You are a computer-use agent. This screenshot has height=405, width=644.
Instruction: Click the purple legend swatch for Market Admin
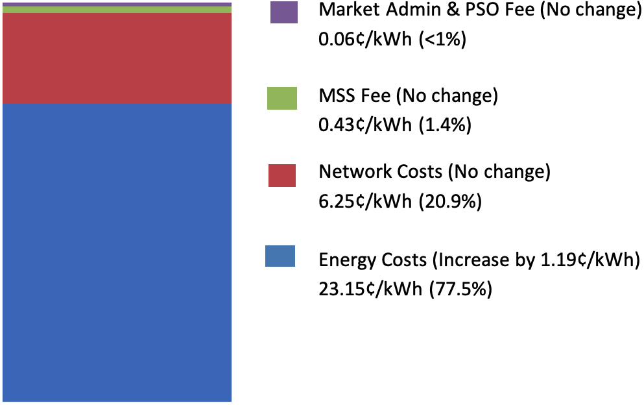click(x=284, y=12)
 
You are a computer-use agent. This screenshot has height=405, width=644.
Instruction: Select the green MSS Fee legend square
click(x=281, y=98)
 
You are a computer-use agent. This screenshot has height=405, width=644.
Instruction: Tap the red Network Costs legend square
click(x=281, y=175)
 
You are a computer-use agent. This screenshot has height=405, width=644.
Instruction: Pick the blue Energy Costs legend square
click(x=280, y=256)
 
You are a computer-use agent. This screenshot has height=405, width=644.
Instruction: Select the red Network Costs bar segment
click(x=117, y=58)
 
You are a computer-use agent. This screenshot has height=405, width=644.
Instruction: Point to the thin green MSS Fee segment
click(x=117, y=9)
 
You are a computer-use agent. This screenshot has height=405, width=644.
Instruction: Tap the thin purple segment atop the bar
click(x=117, y=4)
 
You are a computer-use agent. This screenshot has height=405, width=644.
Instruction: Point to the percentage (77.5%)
click(x=460, y=288)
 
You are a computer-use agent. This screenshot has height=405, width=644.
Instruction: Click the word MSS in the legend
click(x=337, y=96)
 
